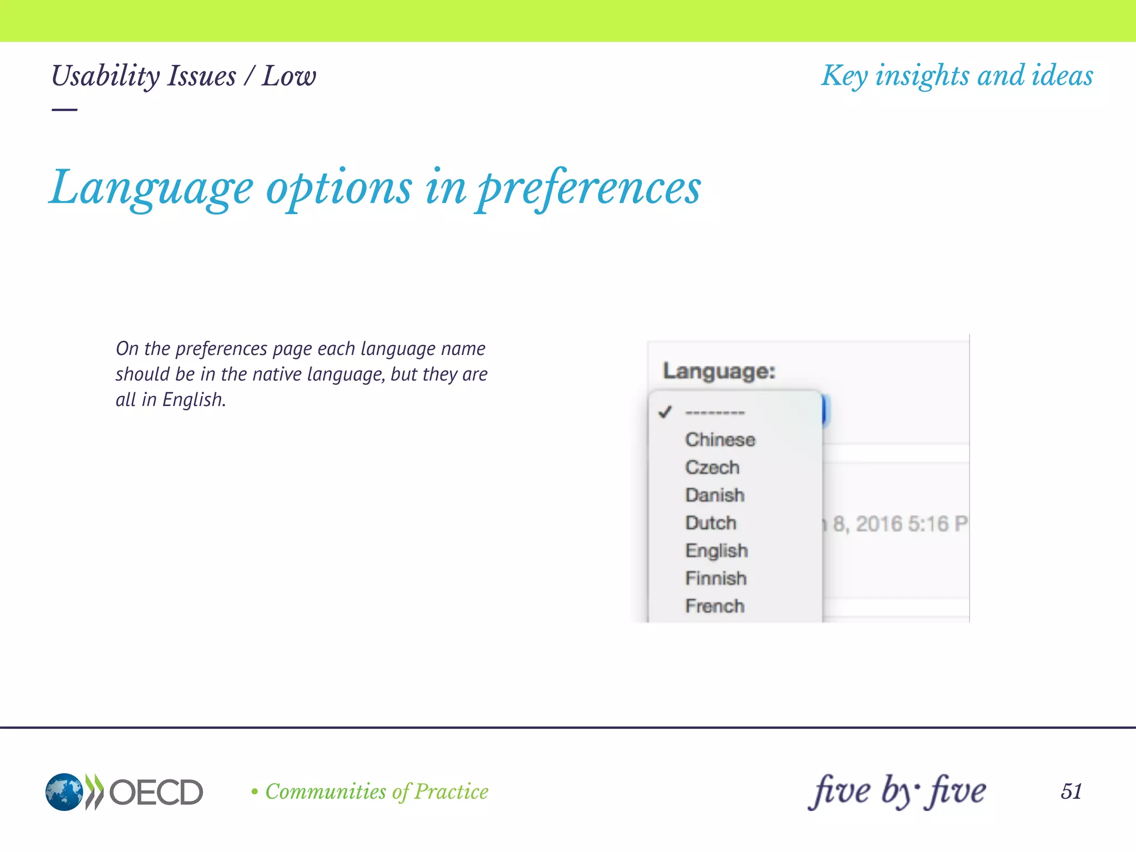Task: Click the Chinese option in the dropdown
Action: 720,440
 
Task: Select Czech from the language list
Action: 712,468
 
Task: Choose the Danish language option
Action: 714,495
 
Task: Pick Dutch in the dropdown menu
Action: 711,523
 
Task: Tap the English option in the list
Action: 717,551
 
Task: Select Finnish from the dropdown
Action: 716,579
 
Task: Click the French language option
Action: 714,606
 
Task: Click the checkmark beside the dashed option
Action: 665,412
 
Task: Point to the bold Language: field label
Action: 719,371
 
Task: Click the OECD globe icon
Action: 64,792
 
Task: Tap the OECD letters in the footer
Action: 156,792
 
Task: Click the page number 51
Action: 1071,792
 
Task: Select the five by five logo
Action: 897,791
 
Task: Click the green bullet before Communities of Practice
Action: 255,792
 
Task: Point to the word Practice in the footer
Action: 452,792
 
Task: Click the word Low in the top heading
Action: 289,76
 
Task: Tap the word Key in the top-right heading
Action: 844,76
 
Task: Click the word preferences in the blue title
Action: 589,189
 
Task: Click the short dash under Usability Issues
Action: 64,110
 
